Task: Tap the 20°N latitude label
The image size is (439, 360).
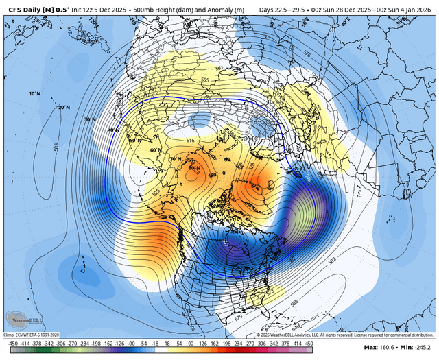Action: (x=64, y=107)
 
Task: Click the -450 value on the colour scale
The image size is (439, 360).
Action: (x=12, y=344)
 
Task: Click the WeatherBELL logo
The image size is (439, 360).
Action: (x=20, y=320)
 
